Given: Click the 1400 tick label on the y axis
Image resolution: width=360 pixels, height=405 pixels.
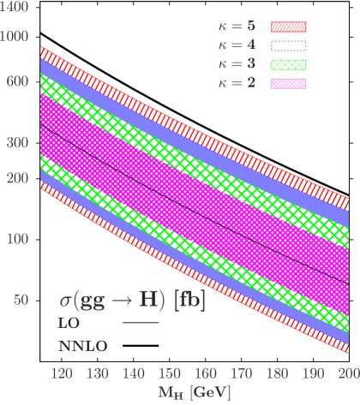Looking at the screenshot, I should [15, 6].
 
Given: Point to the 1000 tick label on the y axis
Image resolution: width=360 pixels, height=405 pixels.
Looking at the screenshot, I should [15, 38].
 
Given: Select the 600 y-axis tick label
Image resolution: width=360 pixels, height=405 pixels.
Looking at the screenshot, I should [17, 80].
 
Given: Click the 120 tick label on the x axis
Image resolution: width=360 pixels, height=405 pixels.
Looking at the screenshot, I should [61, 374].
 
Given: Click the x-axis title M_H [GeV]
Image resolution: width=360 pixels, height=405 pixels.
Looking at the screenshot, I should [189, 393].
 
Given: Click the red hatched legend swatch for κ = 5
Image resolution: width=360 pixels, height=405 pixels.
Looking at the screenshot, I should [289, 28].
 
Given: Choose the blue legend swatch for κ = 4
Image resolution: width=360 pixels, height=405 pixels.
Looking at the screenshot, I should [289, 46].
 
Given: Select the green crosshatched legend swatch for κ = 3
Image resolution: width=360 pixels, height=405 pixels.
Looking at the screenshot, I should [289, 65].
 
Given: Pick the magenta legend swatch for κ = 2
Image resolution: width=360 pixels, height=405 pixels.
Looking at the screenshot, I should [289, 83].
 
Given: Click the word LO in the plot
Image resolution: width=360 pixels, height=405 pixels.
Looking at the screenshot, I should [68, 326].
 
